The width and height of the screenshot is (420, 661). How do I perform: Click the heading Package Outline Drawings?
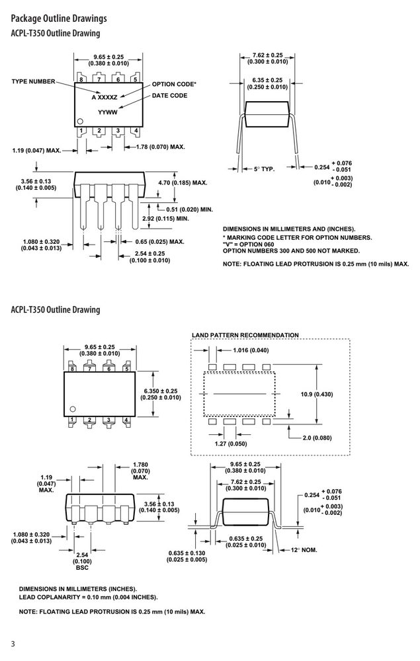[x=59, y=19]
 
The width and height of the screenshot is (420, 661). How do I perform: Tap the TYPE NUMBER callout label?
[x=33, y=81]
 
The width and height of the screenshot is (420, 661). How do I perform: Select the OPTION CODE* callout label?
[x=174, y=85]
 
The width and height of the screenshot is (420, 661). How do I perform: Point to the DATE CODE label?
[x=169, y=96]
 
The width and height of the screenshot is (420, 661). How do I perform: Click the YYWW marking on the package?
[x=108, y=112]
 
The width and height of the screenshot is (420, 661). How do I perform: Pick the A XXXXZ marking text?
[x=105, y=97]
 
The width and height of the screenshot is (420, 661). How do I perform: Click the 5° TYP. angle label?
[x=264, y=169]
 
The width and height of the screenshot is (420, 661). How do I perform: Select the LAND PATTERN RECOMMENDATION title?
[x=245, y=335]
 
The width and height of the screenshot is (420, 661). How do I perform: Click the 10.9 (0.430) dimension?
[x=317, y=395]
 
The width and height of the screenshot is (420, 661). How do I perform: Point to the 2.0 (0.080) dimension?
[x=317, y=438]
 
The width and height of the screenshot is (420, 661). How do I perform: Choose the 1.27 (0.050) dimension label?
[x=231, y=444]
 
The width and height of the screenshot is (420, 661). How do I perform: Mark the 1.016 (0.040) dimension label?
[x=251, y=350]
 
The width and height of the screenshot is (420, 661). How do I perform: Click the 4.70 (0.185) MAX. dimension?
[x=183, y=183]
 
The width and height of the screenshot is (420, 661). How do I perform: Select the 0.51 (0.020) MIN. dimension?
[x=189, y=210]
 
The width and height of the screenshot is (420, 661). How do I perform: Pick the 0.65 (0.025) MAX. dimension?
[x=160, y=242]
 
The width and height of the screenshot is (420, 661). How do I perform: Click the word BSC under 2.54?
[x=82, y=568]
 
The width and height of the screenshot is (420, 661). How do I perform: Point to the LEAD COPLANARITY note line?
[x=88, y=598]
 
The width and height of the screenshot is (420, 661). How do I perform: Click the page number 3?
[x=13, y=644]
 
